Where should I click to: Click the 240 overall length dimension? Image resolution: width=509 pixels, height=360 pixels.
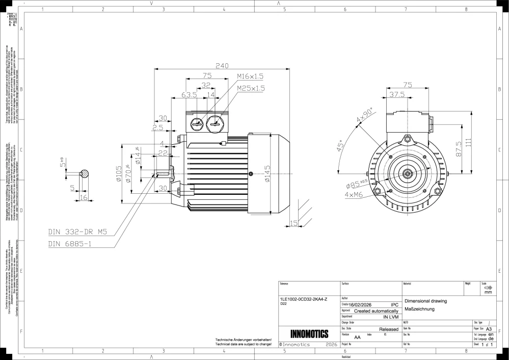pyautogui.click(x=222, y=66)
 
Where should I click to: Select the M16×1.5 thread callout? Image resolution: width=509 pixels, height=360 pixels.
pyautogui.click(x=250, y=76)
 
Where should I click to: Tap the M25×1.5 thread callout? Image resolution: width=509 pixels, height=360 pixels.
pyautogui.click(x=250, y=88)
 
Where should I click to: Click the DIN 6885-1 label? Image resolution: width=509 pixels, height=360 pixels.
pyautogui.click(x=70, y=244)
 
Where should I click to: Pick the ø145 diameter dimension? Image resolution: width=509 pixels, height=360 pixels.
pyautogui.click(x=267, y=173)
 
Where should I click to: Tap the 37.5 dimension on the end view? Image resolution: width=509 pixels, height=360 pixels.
pyautogui.click(x=397, y=95)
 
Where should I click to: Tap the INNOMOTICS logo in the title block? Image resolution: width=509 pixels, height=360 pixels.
pyautogui.click(x=309, y=335)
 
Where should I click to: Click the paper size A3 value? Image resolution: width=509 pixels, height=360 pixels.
pyautogui.click(x=489, y=329)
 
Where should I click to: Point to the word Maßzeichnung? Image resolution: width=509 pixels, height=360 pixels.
pyautogui.click(x=419, y=310)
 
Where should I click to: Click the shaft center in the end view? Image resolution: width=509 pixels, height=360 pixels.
pyautogui.click(x=407, y=174)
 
